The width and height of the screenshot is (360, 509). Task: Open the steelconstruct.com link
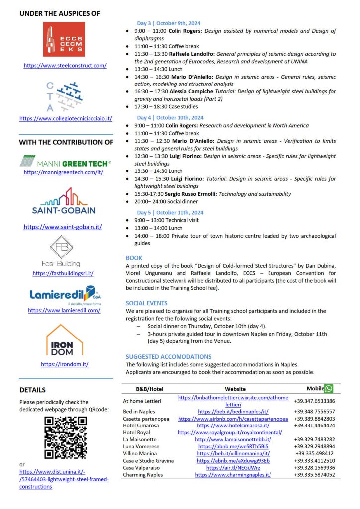tap(65, 65)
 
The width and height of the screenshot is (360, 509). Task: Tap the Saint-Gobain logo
tap(64, 202)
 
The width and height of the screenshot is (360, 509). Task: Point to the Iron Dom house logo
tap(64, 340)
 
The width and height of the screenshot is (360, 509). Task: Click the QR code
tap(65, 437)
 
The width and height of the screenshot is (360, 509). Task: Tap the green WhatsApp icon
tap(328, 388)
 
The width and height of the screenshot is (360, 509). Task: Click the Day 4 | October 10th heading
tap(170, 118)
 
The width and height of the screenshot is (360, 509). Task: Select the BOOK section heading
tap(134, 258)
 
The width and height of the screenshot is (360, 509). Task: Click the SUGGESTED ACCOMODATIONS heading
tap(169, 356)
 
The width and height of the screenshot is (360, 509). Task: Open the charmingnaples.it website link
tap(233, 475)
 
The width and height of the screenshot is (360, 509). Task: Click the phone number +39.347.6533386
tap(314, 401)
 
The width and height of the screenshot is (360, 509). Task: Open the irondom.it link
tap(65, 364)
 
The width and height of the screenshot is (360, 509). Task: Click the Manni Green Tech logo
tap(65, 161)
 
